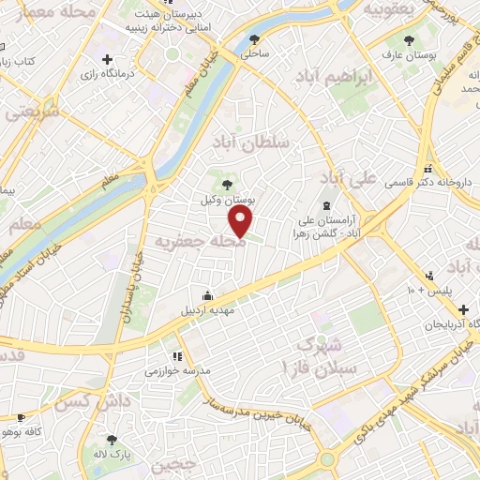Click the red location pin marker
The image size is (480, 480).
click(242, 221)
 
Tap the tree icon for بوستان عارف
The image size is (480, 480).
click(409, 40)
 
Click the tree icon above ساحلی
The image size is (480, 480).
click(255, 39)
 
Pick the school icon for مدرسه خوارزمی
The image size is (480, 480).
click(175, 356)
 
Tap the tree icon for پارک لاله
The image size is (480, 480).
click(112, 439)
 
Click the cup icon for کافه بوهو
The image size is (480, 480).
click(22, 417)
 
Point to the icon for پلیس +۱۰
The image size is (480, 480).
click(429, 276)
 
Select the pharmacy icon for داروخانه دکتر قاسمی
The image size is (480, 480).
click(427, 169)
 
